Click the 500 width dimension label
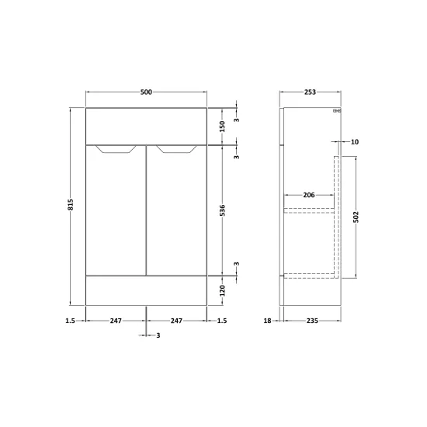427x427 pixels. click(x=146, y=92)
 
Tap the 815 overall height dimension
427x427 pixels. click(x=70, y=204)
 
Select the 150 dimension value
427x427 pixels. click(x=222, y=127)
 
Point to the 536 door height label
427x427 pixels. click(x=222, y=210)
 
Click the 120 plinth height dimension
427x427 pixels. click(x=222, y=291)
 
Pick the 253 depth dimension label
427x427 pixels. click(x=310, y=92)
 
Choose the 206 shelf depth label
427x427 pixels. click(x=309, y=195)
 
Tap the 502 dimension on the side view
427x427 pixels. click(x=356, y=217)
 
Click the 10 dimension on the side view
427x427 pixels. click(x=355, y=142)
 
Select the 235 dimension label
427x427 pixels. click(x=312, y=321)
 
